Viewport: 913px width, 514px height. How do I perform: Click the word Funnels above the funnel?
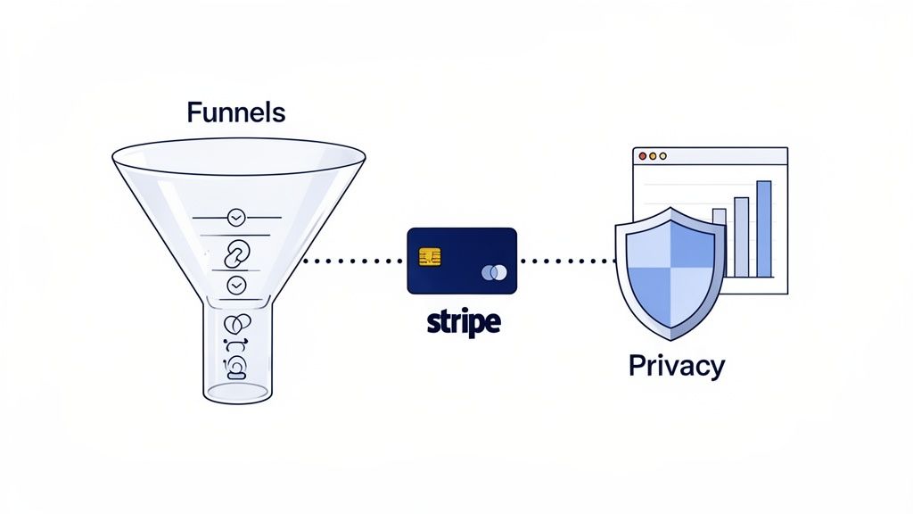[236, 112]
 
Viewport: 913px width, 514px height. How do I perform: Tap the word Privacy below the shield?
[676, 365]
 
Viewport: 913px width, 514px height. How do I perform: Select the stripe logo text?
[461, 321]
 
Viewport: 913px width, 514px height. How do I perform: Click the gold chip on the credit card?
[430, 257]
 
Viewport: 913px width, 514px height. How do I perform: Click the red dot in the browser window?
[642, 156]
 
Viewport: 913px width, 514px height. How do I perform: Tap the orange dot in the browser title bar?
[652, 156]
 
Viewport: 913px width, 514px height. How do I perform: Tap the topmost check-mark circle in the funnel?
[236, 217]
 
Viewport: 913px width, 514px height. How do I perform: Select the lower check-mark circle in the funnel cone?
[236, 285]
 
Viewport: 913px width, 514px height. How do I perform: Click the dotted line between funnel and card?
[352, 261]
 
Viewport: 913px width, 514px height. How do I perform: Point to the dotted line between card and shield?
[566, 261]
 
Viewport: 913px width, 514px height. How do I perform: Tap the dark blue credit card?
[461, 261]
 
